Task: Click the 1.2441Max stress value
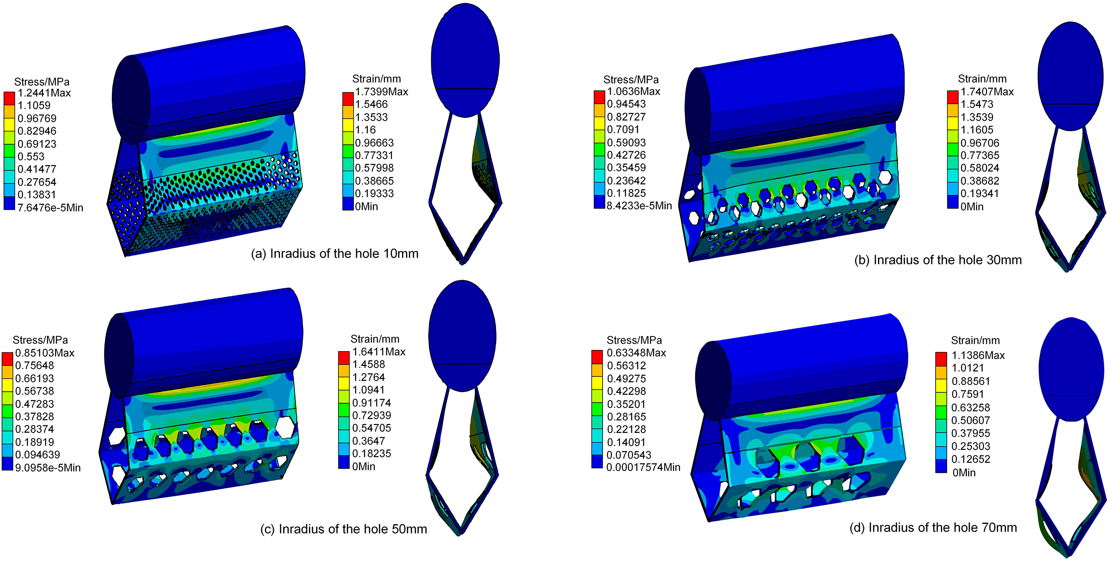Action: tap(44, 93)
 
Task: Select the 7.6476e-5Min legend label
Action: tap(51, 207)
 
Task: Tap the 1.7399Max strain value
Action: tap(382, 91)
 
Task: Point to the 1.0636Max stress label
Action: tap(633, 91)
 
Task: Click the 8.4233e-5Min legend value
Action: tap(640, 205)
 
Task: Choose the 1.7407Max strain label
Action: tap(987, 91)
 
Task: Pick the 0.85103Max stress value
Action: tap(45, 353)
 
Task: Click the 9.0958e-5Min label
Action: tap(48, 467)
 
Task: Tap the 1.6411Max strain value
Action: tap(379, 352)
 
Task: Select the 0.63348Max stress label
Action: tap(636, 352)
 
